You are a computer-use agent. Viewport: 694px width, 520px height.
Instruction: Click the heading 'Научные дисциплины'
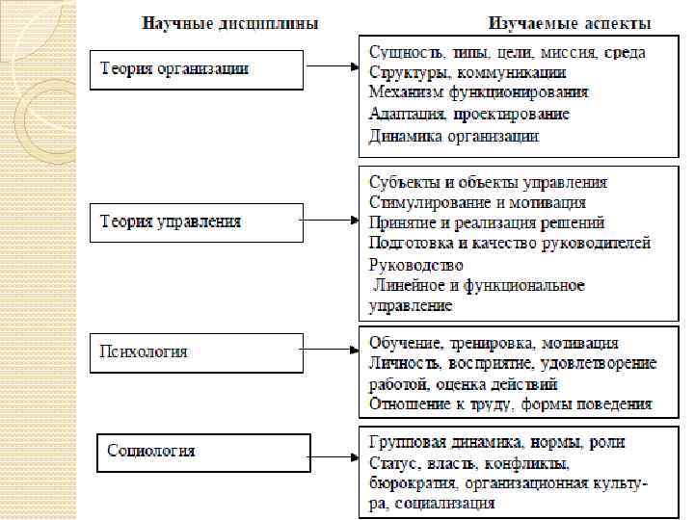click(231, 22)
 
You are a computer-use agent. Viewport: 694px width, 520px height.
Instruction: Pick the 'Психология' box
click(196, 352)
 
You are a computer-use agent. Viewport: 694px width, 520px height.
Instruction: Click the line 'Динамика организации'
click(454, 136)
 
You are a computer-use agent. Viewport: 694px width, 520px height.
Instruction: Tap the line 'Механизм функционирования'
click(478, 93)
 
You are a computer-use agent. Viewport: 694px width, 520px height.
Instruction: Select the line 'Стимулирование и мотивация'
click(477, 202)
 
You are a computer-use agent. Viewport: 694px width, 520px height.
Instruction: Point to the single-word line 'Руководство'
click(416, 265)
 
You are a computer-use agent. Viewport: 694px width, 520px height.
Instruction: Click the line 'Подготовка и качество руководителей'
click(510, 244)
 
